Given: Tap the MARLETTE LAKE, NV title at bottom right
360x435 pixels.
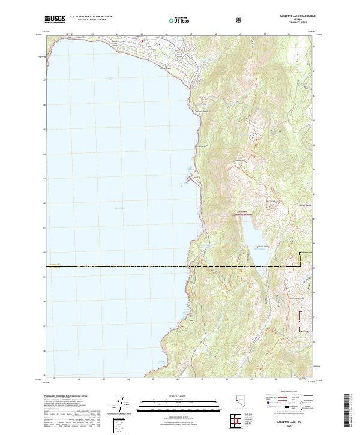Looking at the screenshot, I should click(x=295, y=419).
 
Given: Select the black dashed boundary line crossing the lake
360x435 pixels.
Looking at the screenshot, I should click(x=120, y=266).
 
